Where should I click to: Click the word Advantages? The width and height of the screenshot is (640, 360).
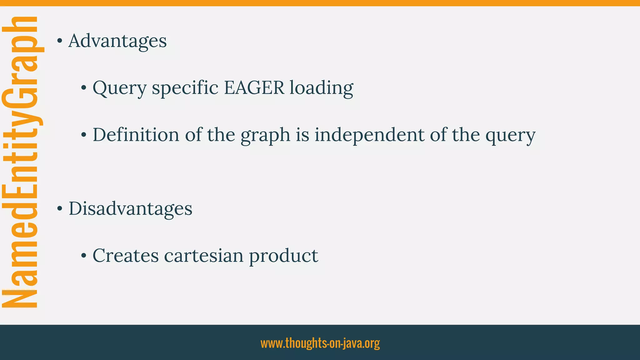coord(117,41)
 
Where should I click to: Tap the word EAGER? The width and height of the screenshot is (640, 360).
coord(254,88)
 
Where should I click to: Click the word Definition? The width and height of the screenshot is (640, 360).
coord(136,135)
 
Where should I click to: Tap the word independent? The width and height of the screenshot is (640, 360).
coord(369,135)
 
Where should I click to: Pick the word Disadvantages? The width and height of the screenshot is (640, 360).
coord(130,208)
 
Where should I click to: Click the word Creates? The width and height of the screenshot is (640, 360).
coord(126,256)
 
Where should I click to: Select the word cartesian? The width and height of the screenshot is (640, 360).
coord(204,256)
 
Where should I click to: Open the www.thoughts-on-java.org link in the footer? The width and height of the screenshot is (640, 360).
coord(320,343)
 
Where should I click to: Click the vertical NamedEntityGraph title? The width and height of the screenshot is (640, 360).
coord(20,162)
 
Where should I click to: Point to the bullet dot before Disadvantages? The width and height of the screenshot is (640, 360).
coord(59,209)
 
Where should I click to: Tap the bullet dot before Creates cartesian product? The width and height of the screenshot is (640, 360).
coord(83,256)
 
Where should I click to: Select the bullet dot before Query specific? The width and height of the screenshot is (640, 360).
coord(83,88)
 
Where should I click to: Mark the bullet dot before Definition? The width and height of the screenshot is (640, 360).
coord(83,135)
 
